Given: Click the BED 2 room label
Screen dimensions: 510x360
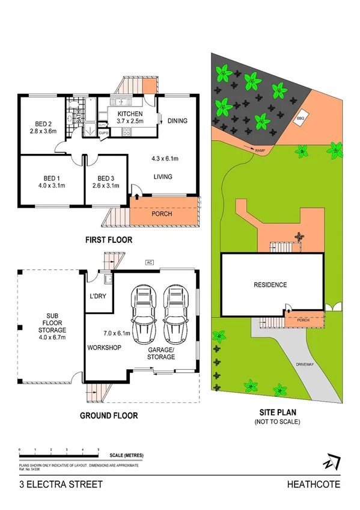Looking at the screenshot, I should pos(42,121).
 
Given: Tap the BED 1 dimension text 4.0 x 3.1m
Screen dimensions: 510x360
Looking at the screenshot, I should pos(50,185).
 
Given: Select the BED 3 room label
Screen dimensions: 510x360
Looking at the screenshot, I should pos(105,178).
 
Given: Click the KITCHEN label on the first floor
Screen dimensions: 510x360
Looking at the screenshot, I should pos(130,114).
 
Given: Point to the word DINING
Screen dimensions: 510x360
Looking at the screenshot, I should pos(177,121).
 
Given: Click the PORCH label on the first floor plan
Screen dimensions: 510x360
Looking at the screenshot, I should pos(162,214).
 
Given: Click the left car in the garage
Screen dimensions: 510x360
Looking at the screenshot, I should pos(144,313).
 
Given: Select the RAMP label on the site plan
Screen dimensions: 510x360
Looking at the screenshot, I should pos(260,150).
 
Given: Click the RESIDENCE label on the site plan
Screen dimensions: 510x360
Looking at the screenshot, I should pos(270,285).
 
